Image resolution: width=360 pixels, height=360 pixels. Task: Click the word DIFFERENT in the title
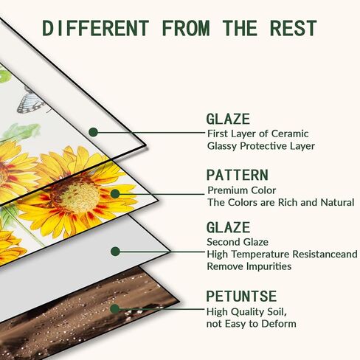[96, 28]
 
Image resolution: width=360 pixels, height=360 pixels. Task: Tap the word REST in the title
[293, 28]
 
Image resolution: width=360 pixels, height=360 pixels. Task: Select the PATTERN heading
[238, 175]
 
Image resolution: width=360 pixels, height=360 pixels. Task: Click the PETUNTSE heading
[241, 296]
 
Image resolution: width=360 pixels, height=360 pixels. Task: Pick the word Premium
[225, 190]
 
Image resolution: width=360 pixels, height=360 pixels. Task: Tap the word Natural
[337, 202]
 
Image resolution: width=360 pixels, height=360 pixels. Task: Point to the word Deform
[279, 324]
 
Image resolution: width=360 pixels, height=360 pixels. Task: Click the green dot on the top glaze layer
[93, 132]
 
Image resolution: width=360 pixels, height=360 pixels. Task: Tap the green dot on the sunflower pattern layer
[115, 194]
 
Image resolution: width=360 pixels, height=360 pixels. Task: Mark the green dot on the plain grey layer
[115, 252]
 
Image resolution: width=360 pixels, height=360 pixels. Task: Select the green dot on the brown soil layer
[114, 309]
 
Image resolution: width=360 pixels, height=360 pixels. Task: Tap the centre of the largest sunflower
[75, 194]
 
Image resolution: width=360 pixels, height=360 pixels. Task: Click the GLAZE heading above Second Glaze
[228, 227]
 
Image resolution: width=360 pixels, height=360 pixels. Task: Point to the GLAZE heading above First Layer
[228, 119]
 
